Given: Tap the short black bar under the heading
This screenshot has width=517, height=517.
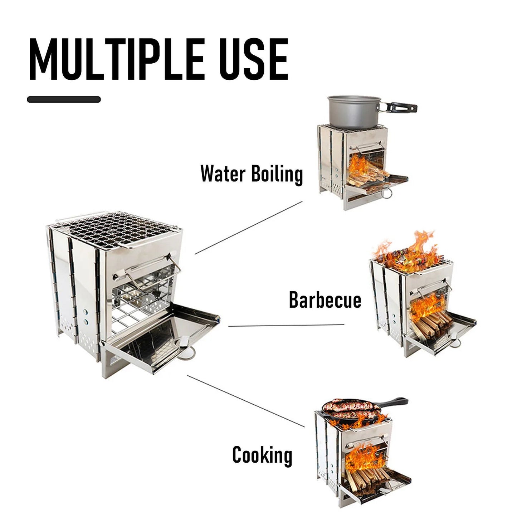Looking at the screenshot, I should (x=64, y=99).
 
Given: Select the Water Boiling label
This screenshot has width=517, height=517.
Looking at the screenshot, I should (x=252, y=174).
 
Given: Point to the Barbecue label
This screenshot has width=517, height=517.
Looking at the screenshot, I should (x=325, y=300).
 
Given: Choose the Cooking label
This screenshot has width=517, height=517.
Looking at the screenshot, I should (x=262, y=455).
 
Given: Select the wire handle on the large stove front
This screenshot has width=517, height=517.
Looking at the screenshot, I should (x=150, y=268).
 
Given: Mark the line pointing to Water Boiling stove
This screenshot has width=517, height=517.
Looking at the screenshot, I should (x=249, y=227).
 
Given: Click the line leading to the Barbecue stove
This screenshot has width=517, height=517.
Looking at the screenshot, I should (x=286, y=325).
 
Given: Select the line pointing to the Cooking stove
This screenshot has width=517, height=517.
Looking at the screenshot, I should (x=246, y=401).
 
